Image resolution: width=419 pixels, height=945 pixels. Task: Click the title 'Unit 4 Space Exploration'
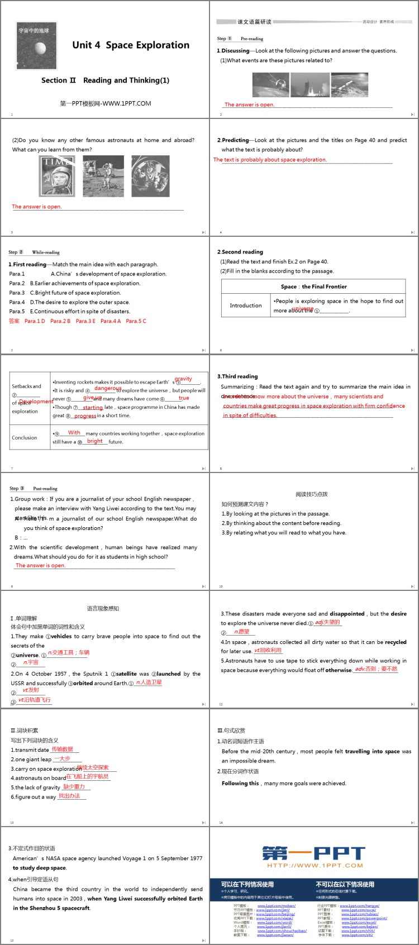point(131,45)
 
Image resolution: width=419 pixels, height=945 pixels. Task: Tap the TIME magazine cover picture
point(57,176)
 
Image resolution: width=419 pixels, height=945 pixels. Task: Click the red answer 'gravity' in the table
point(183,379)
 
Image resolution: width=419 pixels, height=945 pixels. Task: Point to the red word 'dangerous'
point(107,388)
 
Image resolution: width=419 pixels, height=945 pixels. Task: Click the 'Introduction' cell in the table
point(246,306)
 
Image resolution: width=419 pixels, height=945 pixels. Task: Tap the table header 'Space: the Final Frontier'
point(313,287)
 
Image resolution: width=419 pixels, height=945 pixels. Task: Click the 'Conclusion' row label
point(25,437)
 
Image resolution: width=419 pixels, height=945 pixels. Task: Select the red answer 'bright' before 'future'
point(95,441)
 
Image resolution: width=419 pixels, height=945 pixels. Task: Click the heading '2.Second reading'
point(240,252)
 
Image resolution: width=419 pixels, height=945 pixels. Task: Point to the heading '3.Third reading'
point(237,376)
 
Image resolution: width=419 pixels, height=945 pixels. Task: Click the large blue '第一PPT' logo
point(313,853)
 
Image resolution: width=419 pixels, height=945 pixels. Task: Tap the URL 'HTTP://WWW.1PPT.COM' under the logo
point(315,866)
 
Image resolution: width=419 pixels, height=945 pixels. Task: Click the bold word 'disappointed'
point(347,614)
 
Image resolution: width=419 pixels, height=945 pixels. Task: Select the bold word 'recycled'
point(396,642)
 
